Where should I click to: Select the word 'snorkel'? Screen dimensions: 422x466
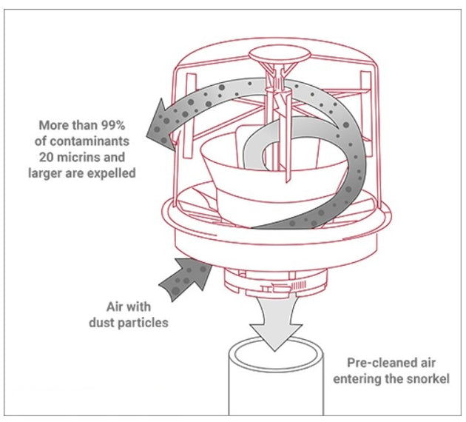pyautogui.click(x=427, y=380)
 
